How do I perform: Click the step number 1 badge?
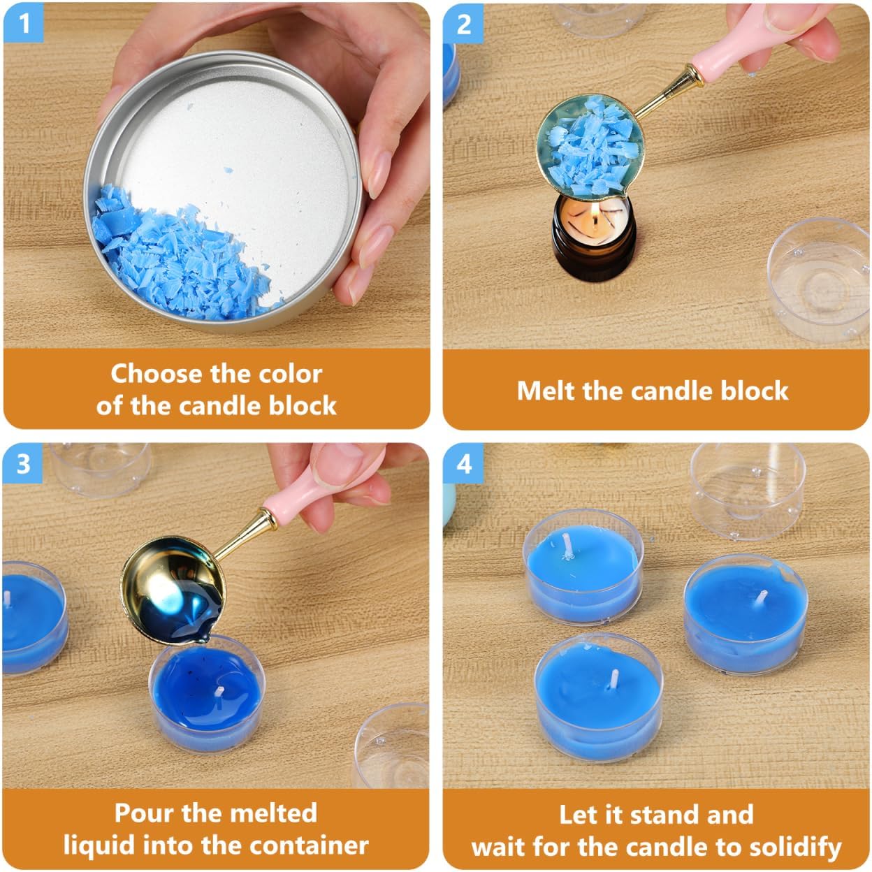(24, 22)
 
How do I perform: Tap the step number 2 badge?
(463, 24)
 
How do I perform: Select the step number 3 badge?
(22, 463)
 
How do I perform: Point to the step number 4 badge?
(463, 463)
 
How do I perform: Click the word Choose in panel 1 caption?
(156, 375)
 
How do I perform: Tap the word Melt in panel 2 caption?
(546, 391)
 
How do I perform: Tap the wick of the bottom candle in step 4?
(614, 692)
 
